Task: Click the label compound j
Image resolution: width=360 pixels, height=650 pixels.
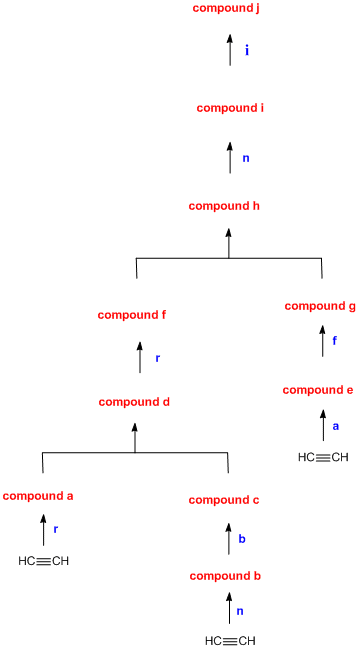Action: coord(229,9)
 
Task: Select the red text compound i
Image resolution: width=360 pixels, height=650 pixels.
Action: coord(229,108)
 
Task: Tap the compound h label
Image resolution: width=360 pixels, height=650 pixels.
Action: coord(229,206)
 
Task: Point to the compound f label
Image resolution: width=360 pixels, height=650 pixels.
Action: coord(131,315)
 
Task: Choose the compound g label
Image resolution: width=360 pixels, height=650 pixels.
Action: coord(320,306)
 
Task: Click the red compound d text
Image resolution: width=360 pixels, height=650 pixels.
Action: coord(134,402)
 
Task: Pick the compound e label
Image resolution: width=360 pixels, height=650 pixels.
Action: coord(319,390)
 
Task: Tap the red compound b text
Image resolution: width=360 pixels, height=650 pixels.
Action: coord(225,577)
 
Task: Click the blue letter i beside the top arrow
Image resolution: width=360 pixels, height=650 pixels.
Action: coord(247,50)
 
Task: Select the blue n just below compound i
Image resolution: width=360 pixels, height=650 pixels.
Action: coord(246,158)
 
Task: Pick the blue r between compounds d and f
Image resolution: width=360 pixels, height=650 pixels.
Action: coord(157,358)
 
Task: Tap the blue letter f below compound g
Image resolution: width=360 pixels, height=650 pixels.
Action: coord(335,341)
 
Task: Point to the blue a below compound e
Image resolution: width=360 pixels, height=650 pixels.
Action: coord(336,426)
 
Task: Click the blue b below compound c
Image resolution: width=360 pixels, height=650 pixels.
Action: coord(241,540)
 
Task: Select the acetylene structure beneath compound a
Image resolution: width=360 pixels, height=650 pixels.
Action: coord(44,561)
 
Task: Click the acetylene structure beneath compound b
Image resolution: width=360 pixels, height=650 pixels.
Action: coord(230,640)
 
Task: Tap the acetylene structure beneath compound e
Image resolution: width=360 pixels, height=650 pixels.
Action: coord(324,458)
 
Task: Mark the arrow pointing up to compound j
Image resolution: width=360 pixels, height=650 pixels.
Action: coord(229,53)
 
